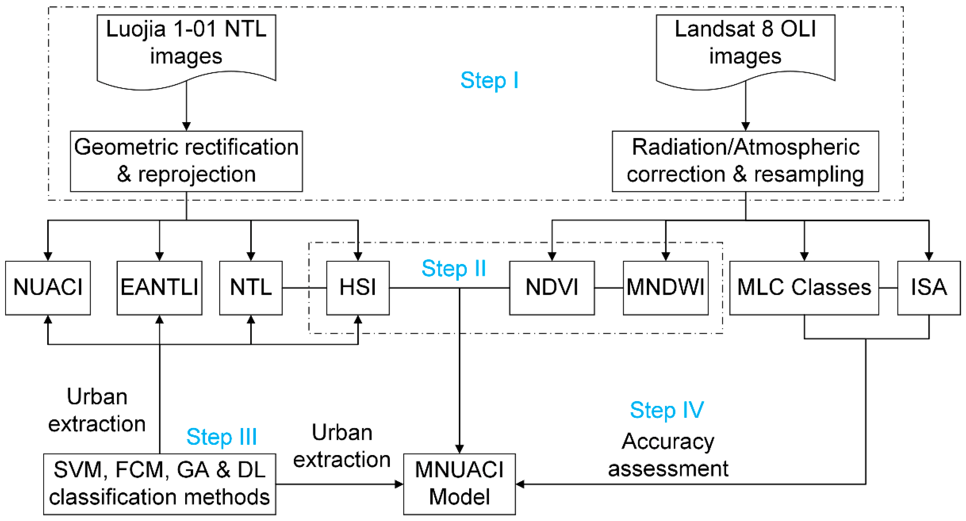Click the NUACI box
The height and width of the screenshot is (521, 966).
(x=48, y=288)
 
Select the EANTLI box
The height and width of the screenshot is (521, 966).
(x=159, y=288)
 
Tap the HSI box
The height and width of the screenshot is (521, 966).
(x=358, y=288)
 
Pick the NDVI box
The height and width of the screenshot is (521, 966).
(x=552, y=288)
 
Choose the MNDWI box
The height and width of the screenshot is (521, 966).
(x=665, y=288)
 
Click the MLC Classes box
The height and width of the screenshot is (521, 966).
(x=804, y=288)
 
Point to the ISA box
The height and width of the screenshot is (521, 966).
(x=928, y=288)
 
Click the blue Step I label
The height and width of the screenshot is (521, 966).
(x=489, y=80)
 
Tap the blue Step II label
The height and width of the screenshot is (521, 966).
(x=453, y=268)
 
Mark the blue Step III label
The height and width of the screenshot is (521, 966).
(x=221, y=437)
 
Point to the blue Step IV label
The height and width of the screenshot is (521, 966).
(x=666, y=410)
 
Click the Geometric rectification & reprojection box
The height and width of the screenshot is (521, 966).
(x=186, y=161)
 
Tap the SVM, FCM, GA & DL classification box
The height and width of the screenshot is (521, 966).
(x=159, y=483)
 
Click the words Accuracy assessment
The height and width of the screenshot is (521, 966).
(x=668, y=455)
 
